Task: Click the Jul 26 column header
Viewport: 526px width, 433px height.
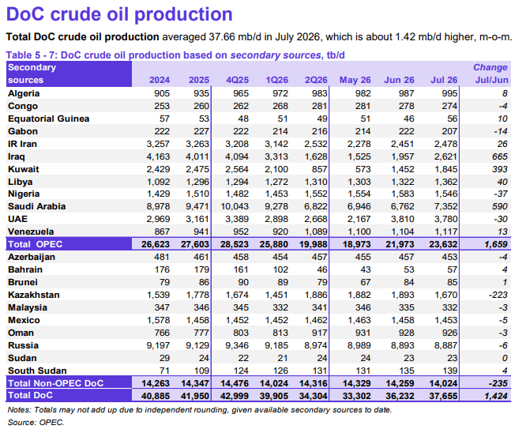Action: pos(444,80)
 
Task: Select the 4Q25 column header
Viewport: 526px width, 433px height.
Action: pos(237,80)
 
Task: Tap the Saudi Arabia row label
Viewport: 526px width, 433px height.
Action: pos(36,206)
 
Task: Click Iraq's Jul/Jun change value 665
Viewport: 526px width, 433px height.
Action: pos(499,156)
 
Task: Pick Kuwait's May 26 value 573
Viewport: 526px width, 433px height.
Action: pos(363,169)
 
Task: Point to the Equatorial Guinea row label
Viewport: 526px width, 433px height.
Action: pos(49,119)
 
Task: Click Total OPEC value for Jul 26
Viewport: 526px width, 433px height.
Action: pos(443,244)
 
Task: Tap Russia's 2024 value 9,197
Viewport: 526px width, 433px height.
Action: pos(158,345)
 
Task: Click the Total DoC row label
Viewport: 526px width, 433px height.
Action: pos(30,395)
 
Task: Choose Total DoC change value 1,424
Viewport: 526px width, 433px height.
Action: pos(496,396)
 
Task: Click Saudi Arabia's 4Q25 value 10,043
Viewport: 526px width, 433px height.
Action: pos(235,206)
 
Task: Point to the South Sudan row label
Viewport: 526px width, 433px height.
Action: pos(37,371)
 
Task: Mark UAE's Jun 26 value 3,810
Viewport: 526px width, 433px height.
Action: pos(403,219)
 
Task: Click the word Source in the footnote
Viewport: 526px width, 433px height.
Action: pos(22,422)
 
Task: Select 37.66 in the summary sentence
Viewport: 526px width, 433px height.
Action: pos(222,36)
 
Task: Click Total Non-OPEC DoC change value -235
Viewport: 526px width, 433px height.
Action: pos(498,383)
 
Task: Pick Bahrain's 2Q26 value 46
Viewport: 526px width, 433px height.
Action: pos(322,269)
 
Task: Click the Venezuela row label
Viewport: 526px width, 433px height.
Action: pos(31,232)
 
